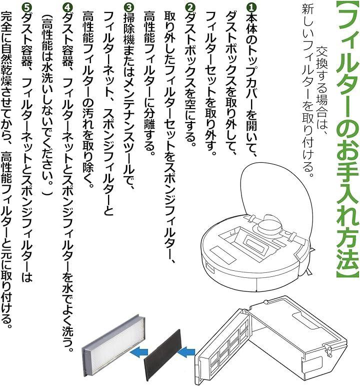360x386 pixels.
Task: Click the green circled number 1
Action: click(251, 8)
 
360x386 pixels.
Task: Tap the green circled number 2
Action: click(189, 8)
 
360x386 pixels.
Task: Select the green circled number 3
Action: click(128, 8)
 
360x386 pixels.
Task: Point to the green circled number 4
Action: click(67, 8)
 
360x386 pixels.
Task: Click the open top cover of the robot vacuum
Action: click(276, 187)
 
